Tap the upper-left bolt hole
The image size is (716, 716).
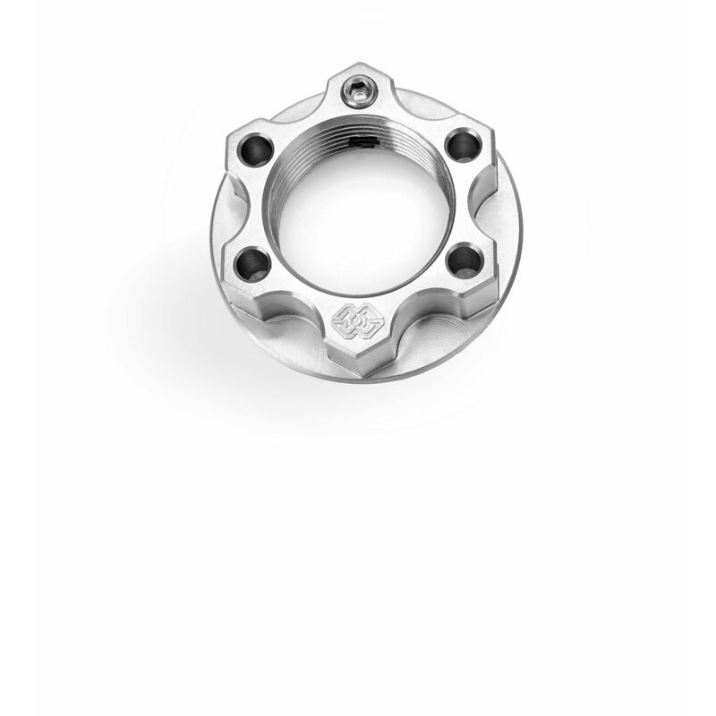coord(255,149)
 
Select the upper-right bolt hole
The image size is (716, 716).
coord(462,145)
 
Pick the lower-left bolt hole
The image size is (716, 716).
coord(252,264)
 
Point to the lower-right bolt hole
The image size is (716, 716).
coord(464,260)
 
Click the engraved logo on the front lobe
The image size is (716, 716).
coord(357,320)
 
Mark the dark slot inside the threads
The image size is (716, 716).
coord(368,141)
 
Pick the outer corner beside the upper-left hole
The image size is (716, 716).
coord(228,134)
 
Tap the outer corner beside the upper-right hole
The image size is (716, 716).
coord(492,132)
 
